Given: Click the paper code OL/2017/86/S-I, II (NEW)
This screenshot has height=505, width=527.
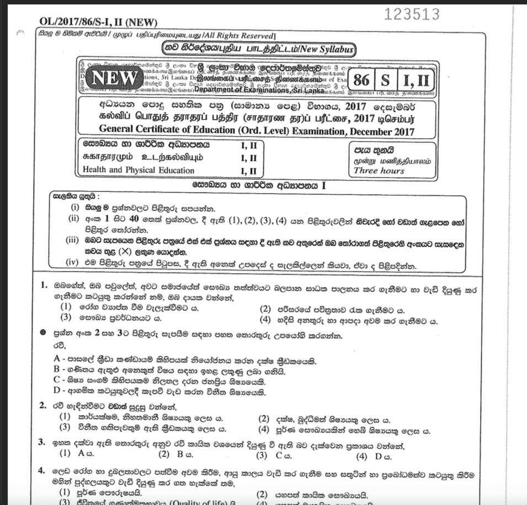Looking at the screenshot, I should (98, 22).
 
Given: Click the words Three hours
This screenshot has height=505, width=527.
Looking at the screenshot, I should (379, 171).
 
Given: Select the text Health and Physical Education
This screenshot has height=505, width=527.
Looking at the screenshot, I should (139, 170).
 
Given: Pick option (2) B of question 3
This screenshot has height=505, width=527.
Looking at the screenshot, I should (172, 455).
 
